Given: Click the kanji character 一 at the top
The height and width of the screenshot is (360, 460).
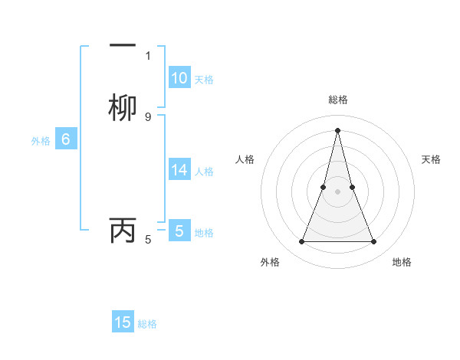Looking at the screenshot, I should pos(123,45).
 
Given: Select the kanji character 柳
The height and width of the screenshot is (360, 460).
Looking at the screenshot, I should pos(123,106).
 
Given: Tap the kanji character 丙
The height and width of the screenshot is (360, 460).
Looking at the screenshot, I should pos(123,230).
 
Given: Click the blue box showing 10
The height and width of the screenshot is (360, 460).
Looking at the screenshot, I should pos(179,78).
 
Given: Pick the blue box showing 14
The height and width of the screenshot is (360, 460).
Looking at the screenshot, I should pos(179,170).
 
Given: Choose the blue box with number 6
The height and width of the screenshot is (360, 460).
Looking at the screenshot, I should pos(65,139).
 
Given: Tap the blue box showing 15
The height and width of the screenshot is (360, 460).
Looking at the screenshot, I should pos(123,322).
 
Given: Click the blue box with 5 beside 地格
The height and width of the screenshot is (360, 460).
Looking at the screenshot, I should pos(179,231).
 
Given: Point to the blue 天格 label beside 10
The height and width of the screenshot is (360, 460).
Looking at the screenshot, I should pos(204,80).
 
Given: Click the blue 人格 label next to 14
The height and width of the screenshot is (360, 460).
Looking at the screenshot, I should pos(204,172).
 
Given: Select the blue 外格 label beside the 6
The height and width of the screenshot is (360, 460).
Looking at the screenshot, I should pos(40,141).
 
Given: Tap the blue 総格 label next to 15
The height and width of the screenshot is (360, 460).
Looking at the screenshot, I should pos(147,324).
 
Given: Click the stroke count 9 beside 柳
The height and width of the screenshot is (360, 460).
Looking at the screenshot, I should pos(148,116).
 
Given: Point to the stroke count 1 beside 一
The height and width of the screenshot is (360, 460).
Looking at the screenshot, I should pos(148,55).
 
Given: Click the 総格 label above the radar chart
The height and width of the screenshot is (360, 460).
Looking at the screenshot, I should pos(337,100).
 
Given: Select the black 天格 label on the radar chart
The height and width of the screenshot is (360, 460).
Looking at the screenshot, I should pos(431,159).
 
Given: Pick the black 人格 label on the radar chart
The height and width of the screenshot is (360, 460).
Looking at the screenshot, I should pos(245,159).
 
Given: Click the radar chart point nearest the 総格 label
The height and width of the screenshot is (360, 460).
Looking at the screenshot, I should pos(337,129).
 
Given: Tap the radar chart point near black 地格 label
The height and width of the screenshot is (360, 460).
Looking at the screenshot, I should pos(373,242).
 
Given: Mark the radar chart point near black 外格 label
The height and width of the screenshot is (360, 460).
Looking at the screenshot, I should pos(301,242).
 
